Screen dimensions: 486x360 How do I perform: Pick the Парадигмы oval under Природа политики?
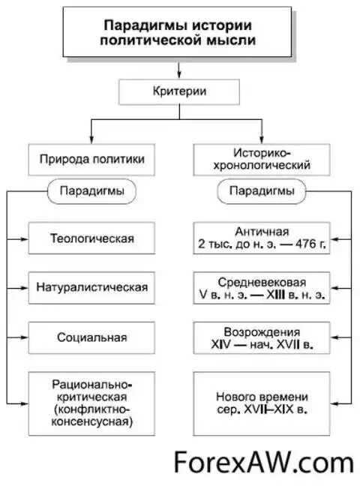(92, 191)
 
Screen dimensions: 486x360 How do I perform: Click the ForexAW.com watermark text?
(262, 460)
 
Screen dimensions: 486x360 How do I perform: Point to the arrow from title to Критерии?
(178, 70)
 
